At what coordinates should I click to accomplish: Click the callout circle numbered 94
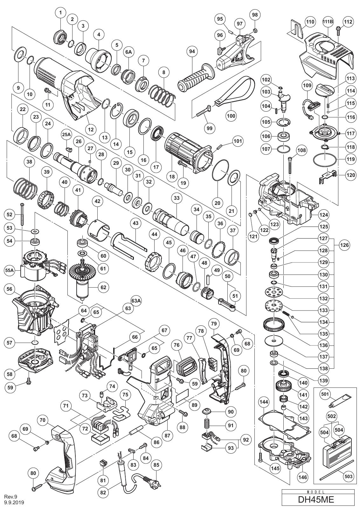[x=192, y=52]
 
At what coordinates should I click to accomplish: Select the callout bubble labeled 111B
[x=328, y=22]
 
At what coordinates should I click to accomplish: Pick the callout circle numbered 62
[x=103, y=287]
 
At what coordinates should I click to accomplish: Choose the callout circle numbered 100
[x=231, y=116]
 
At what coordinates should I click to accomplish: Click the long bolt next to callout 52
[x=22, y=214]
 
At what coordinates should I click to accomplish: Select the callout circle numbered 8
[x=164, y=73]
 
